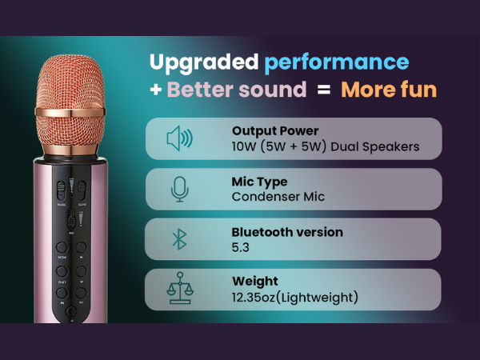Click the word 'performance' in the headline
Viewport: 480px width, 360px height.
click(x=336, y=62)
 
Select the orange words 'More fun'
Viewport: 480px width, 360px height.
click(x=389, y=90)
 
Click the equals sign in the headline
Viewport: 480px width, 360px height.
click(x=322, y=90)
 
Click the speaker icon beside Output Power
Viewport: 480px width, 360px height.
click(x=179, y=138)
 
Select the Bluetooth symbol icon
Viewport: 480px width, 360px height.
click(x=180, y=238)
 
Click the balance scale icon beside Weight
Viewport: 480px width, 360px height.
click(x=180, y=290)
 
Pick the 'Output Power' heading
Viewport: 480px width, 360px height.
click(x=275, y=130)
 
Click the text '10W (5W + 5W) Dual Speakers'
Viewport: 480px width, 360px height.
click(x=325, y=146)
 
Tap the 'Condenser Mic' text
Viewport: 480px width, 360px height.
click(x=278, y=196)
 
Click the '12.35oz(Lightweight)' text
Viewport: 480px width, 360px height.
click(x=294, y=298)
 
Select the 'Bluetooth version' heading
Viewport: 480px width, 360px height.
click(x=286, y=232)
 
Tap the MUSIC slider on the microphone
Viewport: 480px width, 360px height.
click(x=62, y=192)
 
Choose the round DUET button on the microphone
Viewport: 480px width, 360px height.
click(x=62, y=270)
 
